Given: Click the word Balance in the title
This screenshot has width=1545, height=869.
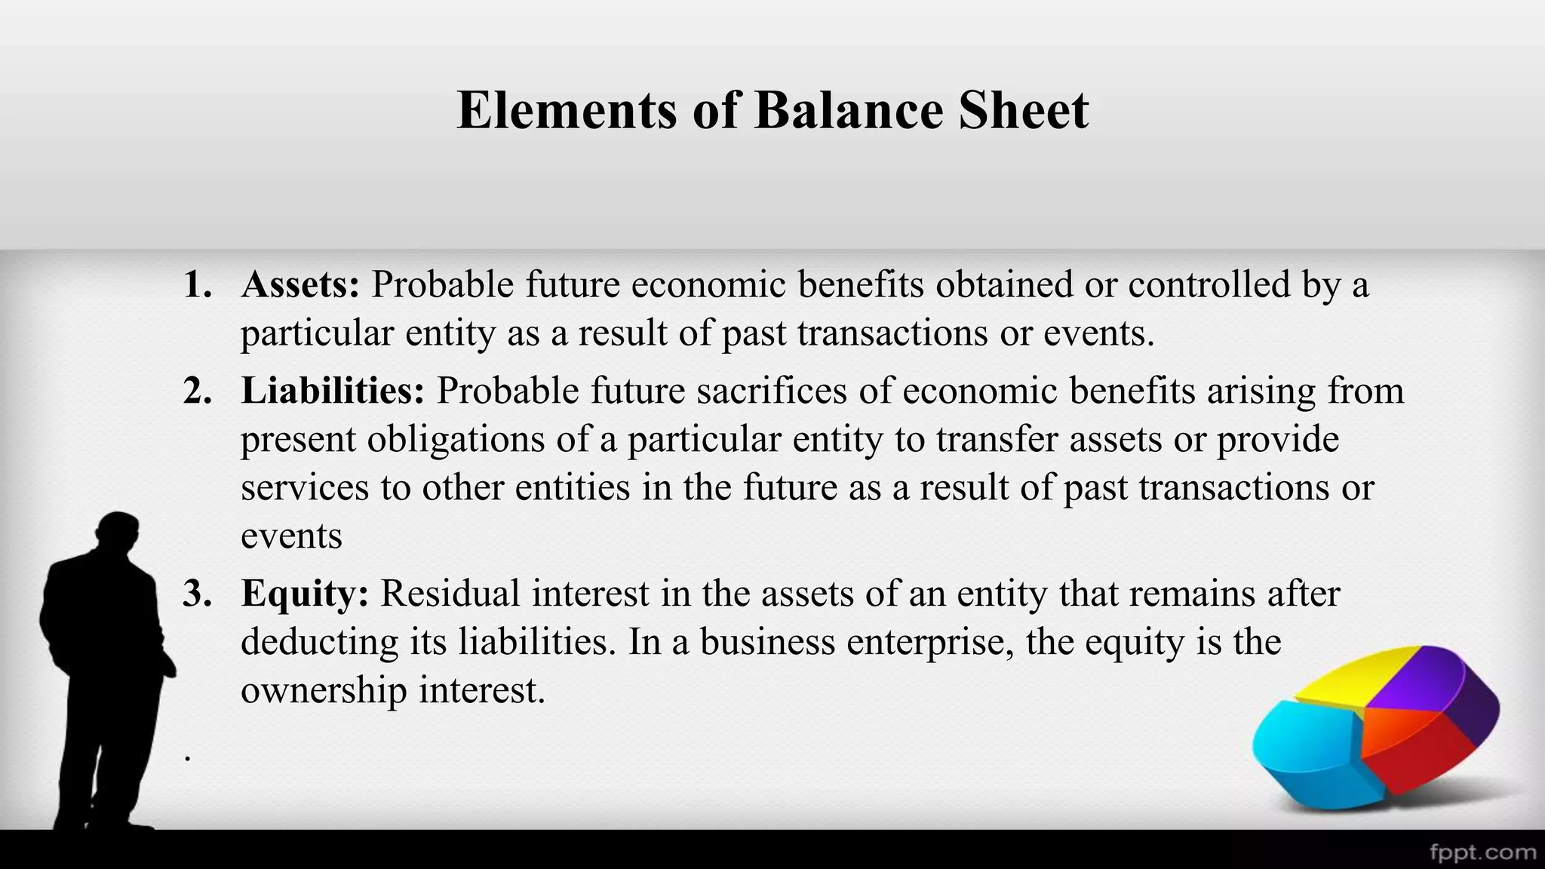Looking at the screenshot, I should [x=848, y=110].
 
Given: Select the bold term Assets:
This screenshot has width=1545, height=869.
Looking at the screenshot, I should [x=300, y=285].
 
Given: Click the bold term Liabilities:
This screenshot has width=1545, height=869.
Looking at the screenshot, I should [x=333, y=391].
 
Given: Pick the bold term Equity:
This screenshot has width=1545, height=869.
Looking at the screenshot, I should [x=305, y=594].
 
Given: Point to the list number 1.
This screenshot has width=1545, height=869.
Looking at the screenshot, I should [x=197, y=285].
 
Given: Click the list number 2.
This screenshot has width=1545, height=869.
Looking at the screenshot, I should [x=197, y=391].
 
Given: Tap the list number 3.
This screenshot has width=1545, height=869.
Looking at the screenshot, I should [x=197, y=594].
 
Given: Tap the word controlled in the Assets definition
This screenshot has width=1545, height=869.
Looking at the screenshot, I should [x=1209, y=285].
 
